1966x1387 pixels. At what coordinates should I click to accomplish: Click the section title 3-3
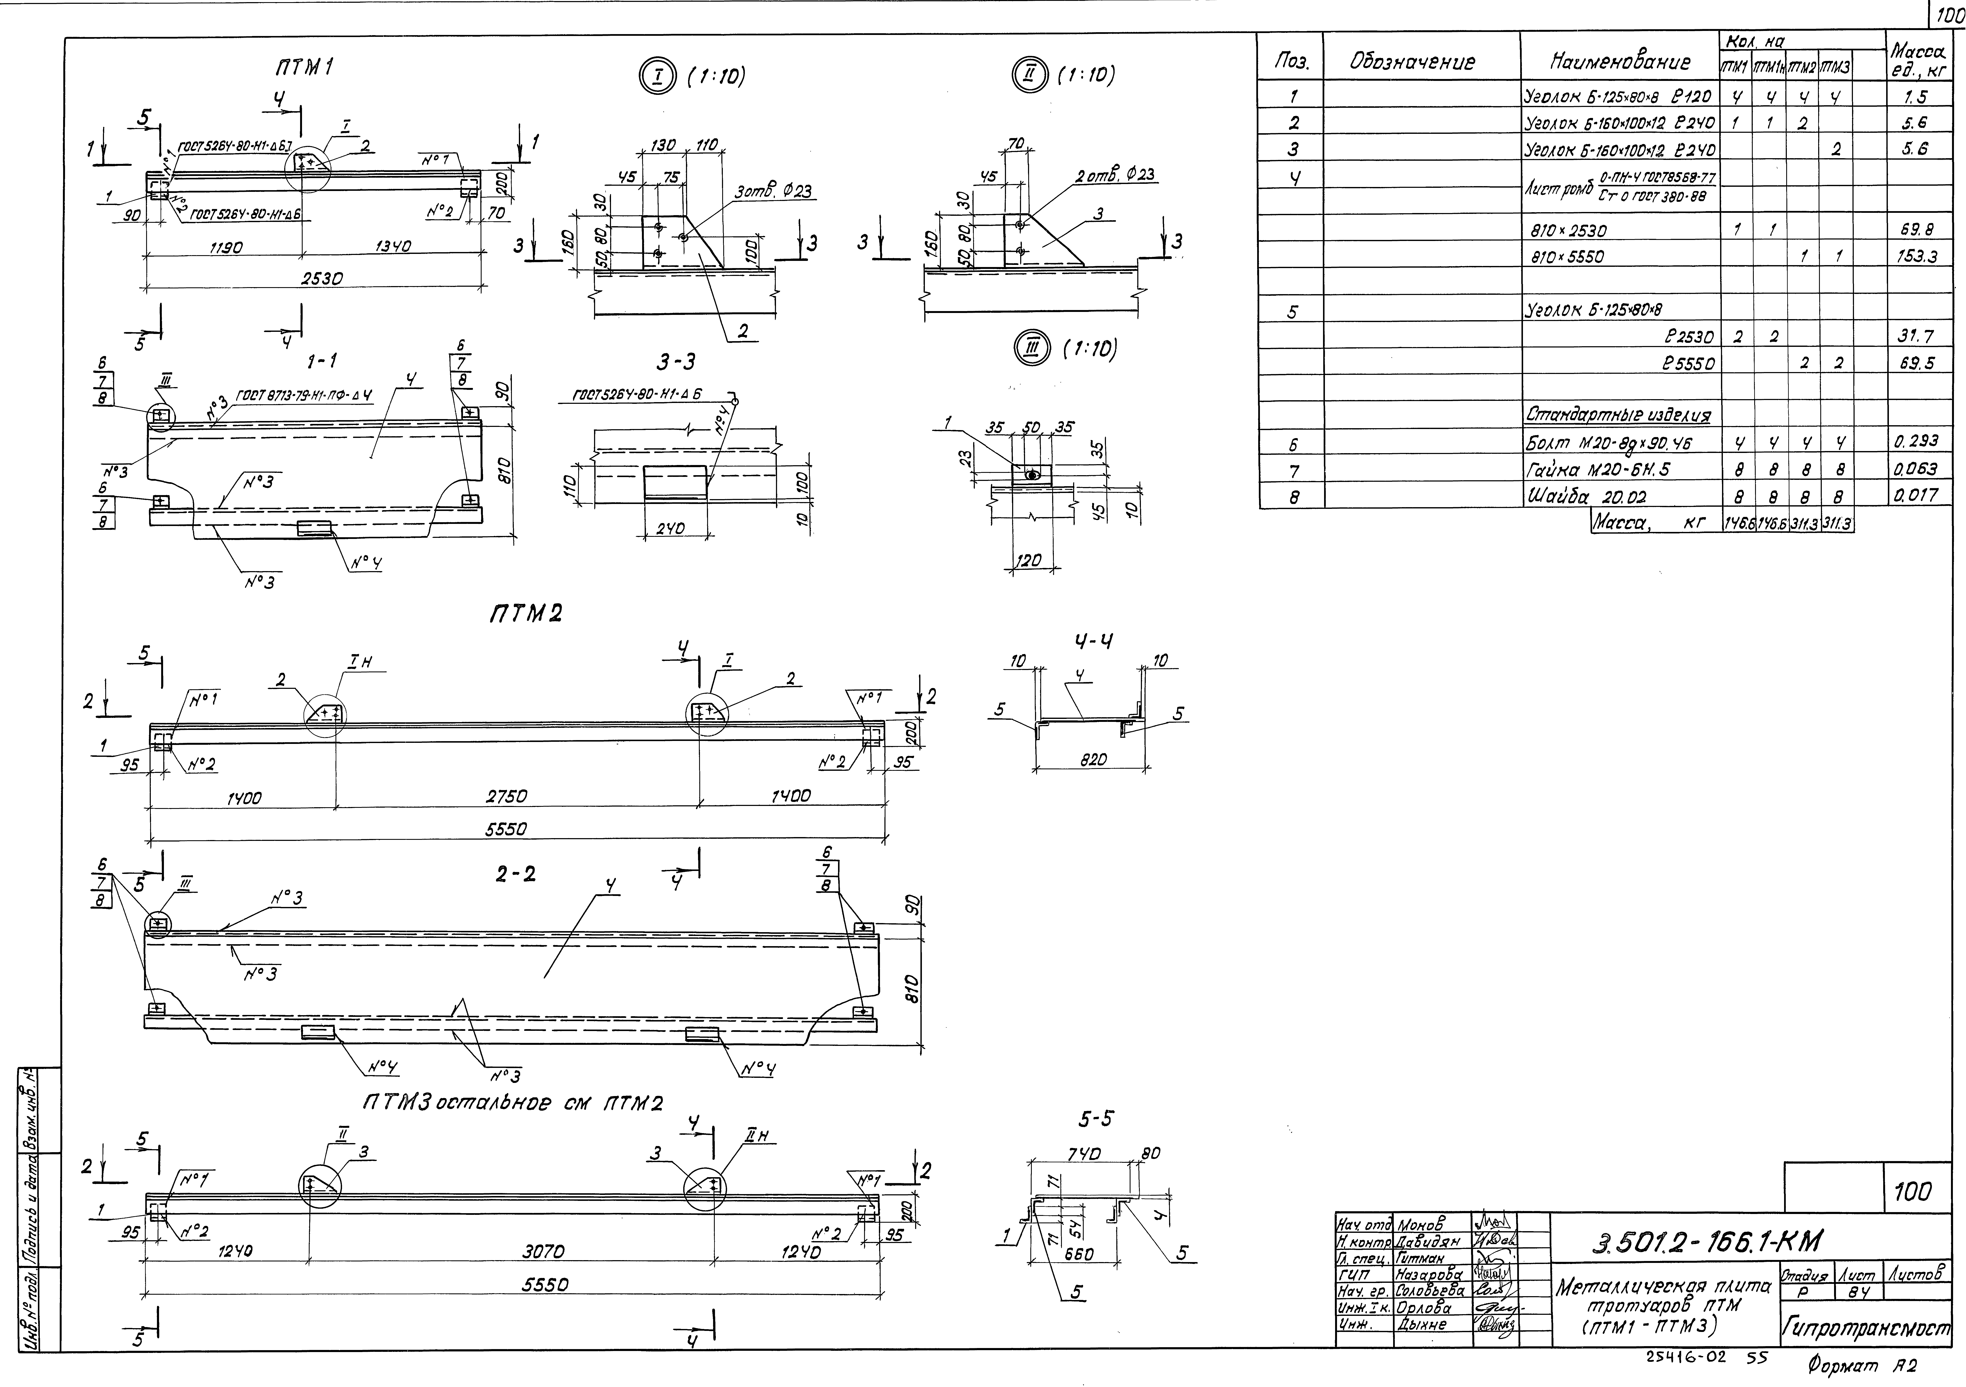pos(676,363)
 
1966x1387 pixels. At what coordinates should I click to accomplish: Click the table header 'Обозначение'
pos(1412,62)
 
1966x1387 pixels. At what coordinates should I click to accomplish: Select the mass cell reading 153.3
pos(1920,257)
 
